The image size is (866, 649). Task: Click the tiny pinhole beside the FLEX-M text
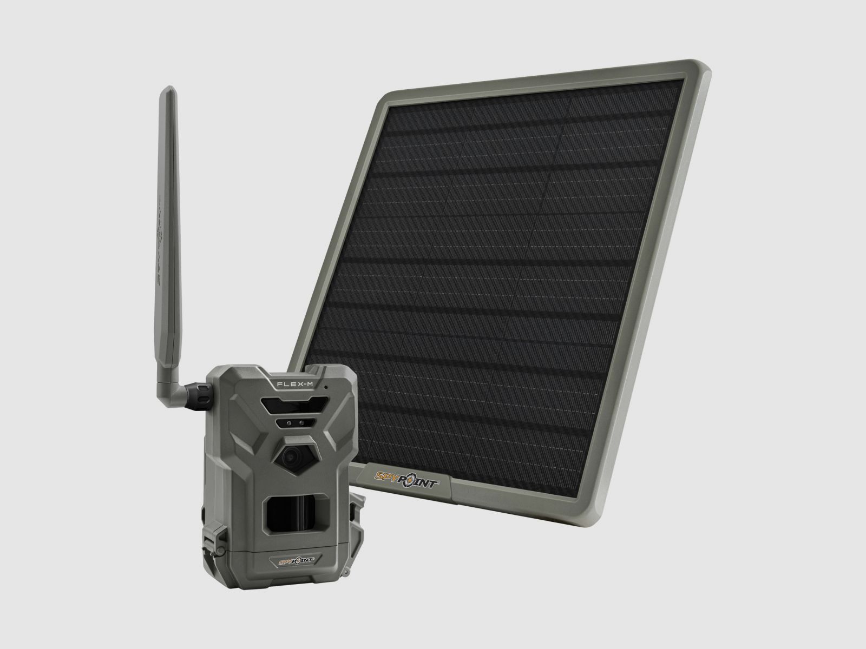[x=325, y=388]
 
